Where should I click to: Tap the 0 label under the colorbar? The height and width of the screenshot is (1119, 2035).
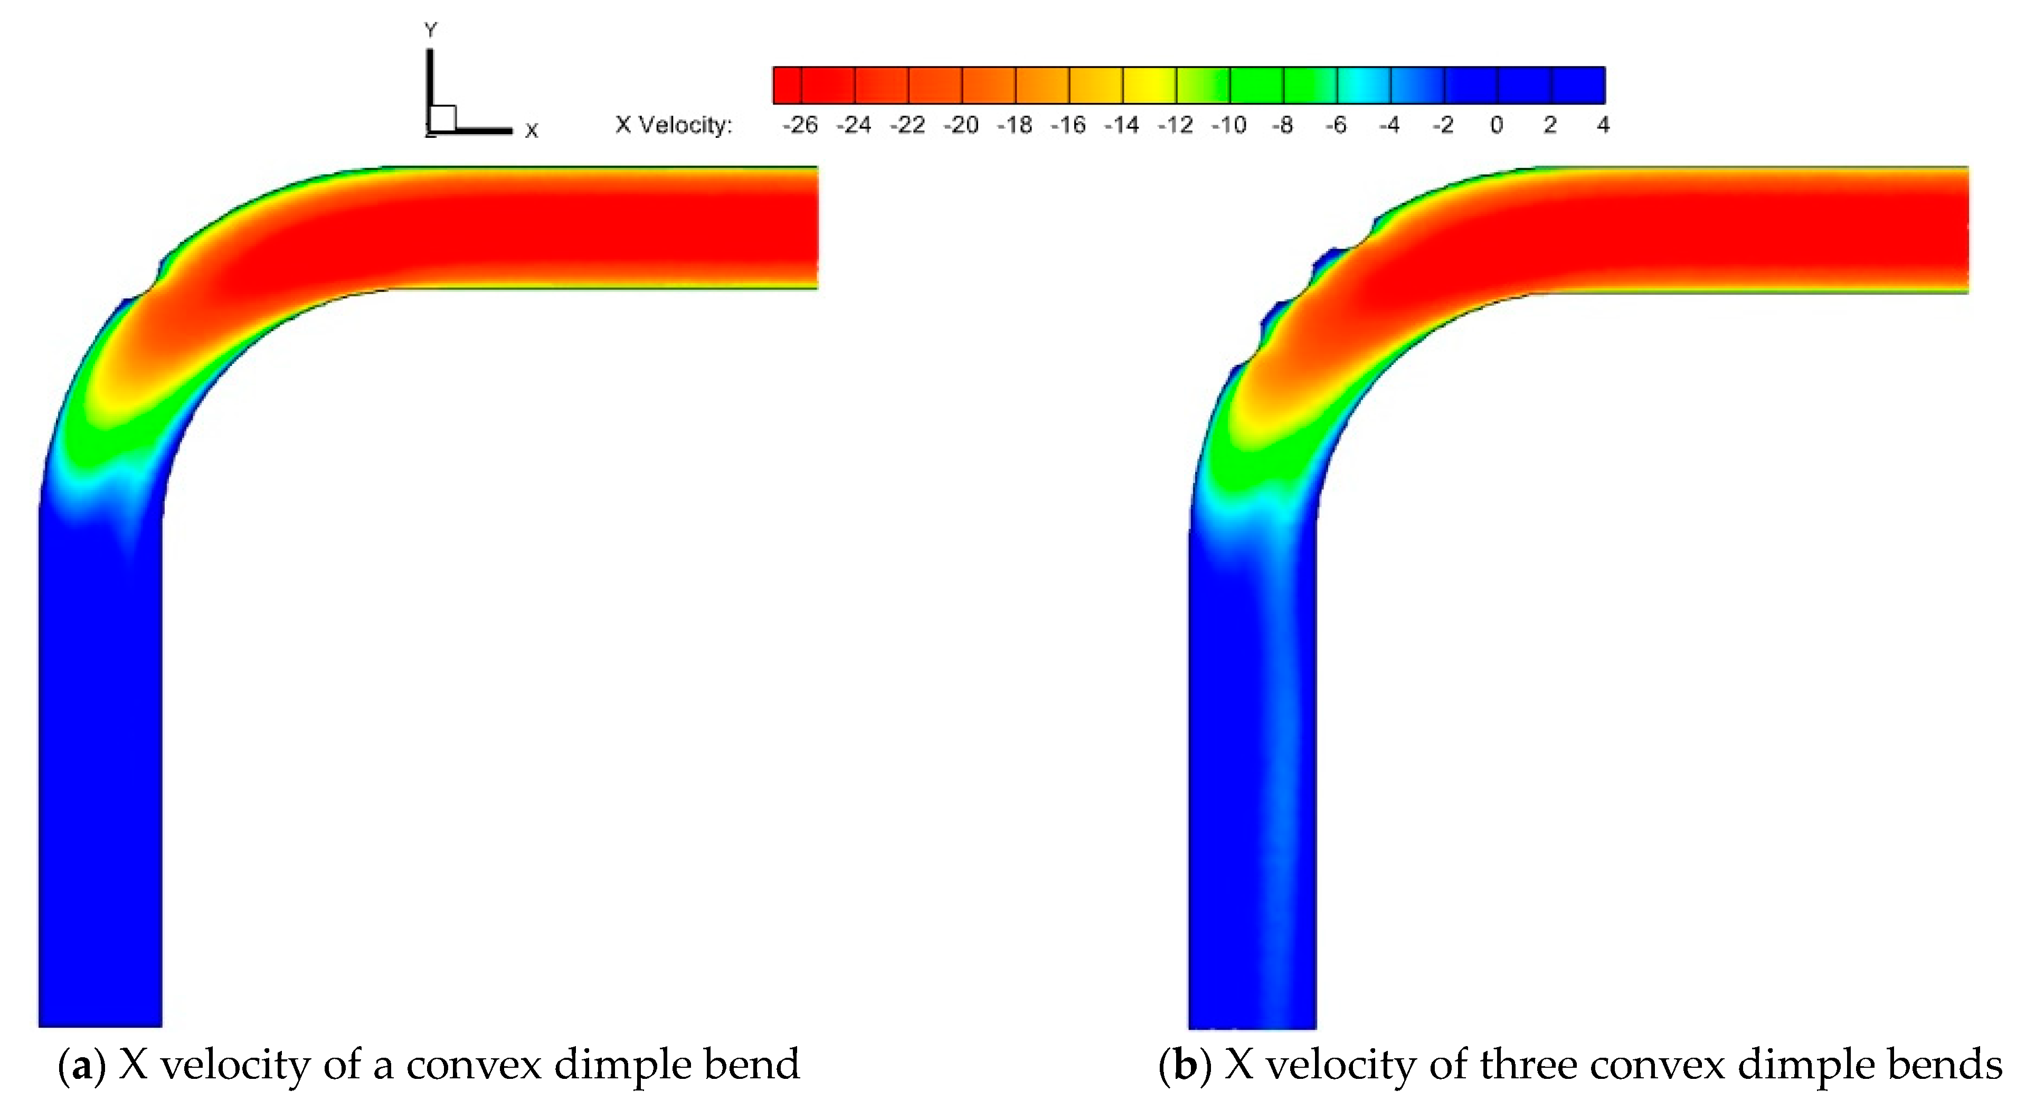pyautogui.click(x=1496, y=125)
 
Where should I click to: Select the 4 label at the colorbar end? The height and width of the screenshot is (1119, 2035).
pyautogui.click(x=1602, y=125)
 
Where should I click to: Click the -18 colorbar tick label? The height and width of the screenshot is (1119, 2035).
pyautogui.click(x=1015, y=125)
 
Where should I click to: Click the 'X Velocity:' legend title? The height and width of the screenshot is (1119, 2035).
pyautogui.click(x=674, y=125)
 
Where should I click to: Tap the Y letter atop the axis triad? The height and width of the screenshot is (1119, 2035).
pyautogui.click(x=431, y=31)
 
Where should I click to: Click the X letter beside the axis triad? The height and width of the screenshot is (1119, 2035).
pyautogui.click(x=532, y=131)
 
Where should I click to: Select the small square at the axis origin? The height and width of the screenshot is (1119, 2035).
pyautogui.click(x=443, y=118)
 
